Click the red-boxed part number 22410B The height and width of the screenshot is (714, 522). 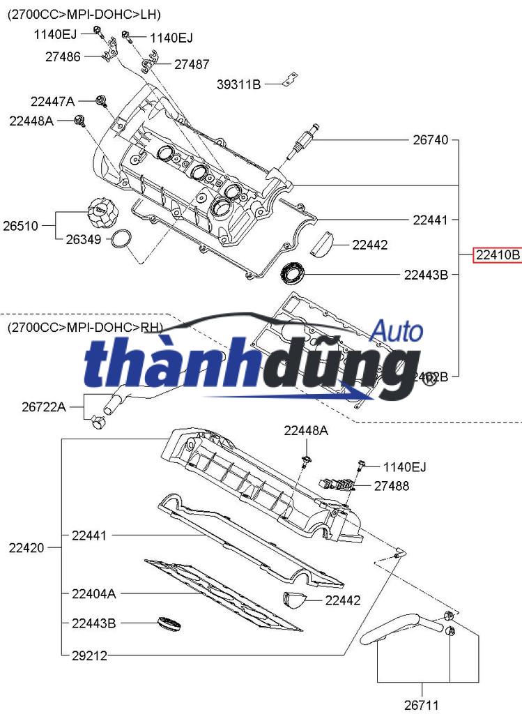[498, 255]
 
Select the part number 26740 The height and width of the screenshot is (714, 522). [430, 140]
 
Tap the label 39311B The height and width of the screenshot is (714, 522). [239, 85]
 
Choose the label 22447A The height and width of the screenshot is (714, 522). [52, 101]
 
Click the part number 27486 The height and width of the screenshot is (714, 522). [63, 56]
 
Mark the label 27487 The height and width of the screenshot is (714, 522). [192, 64]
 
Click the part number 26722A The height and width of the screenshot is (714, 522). [43, 407]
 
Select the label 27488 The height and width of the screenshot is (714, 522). [392, 486]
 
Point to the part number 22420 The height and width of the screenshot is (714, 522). [26, 548]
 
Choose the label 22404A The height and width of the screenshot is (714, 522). [94, 594]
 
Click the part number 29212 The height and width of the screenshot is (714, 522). [89, 655]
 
